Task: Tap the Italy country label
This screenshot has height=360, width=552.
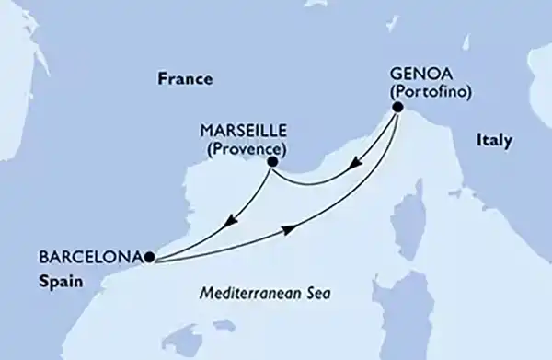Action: [x=494, y=140]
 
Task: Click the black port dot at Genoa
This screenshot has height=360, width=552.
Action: [x=397, y=108]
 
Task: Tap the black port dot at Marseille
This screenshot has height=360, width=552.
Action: [x=272, y=164]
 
